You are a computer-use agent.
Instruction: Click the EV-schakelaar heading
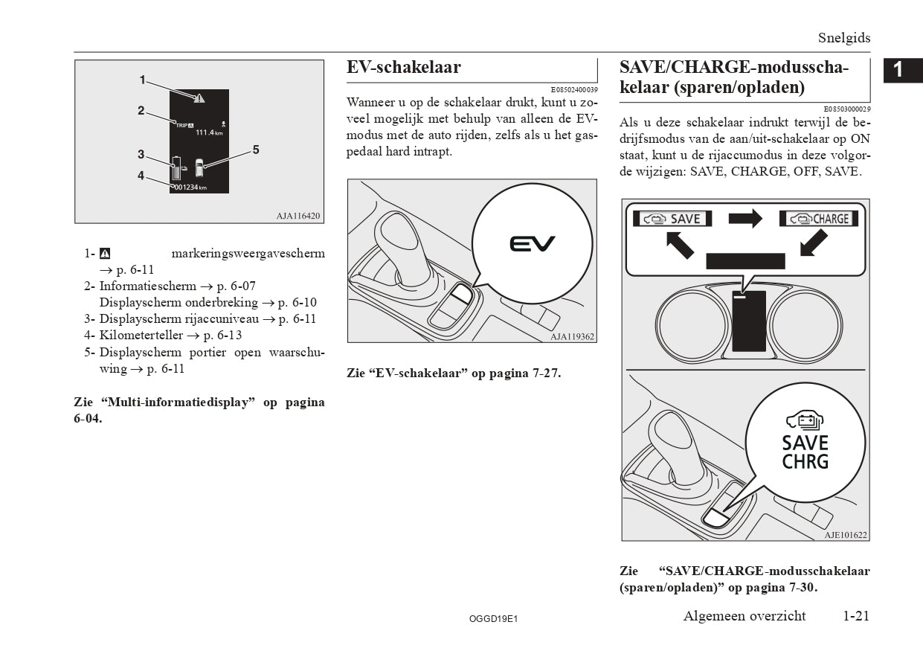(404, 68)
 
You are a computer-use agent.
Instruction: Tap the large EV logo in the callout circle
(532, 243)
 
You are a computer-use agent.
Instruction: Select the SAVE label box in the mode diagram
(672, 219)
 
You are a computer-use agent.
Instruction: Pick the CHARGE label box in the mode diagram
(818, 219)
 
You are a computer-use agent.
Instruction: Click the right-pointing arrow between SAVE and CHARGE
(745, 218)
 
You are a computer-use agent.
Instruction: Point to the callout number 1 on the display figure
(142, 79)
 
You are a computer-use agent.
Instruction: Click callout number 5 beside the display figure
(256, 150)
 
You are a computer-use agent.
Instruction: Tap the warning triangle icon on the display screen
(199, 97)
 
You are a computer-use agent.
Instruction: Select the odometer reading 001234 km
(190, 187)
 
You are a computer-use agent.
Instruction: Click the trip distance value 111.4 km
(208, 132)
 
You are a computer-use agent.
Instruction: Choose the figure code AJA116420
(298, 217)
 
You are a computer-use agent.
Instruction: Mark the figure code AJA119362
(572, 336)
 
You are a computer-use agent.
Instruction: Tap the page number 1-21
(856, 616)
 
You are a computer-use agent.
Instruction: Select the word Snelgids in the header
(843, 38)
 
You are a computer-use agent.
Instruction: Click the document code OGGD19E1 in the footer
(493, 618)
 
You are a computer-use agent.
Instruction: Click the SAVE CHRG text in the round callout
(805, 452)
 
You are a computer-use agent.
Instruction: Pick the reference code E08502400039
(574, 90)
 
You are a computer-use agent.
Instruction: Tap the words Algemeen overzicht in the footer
(744, 616)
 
